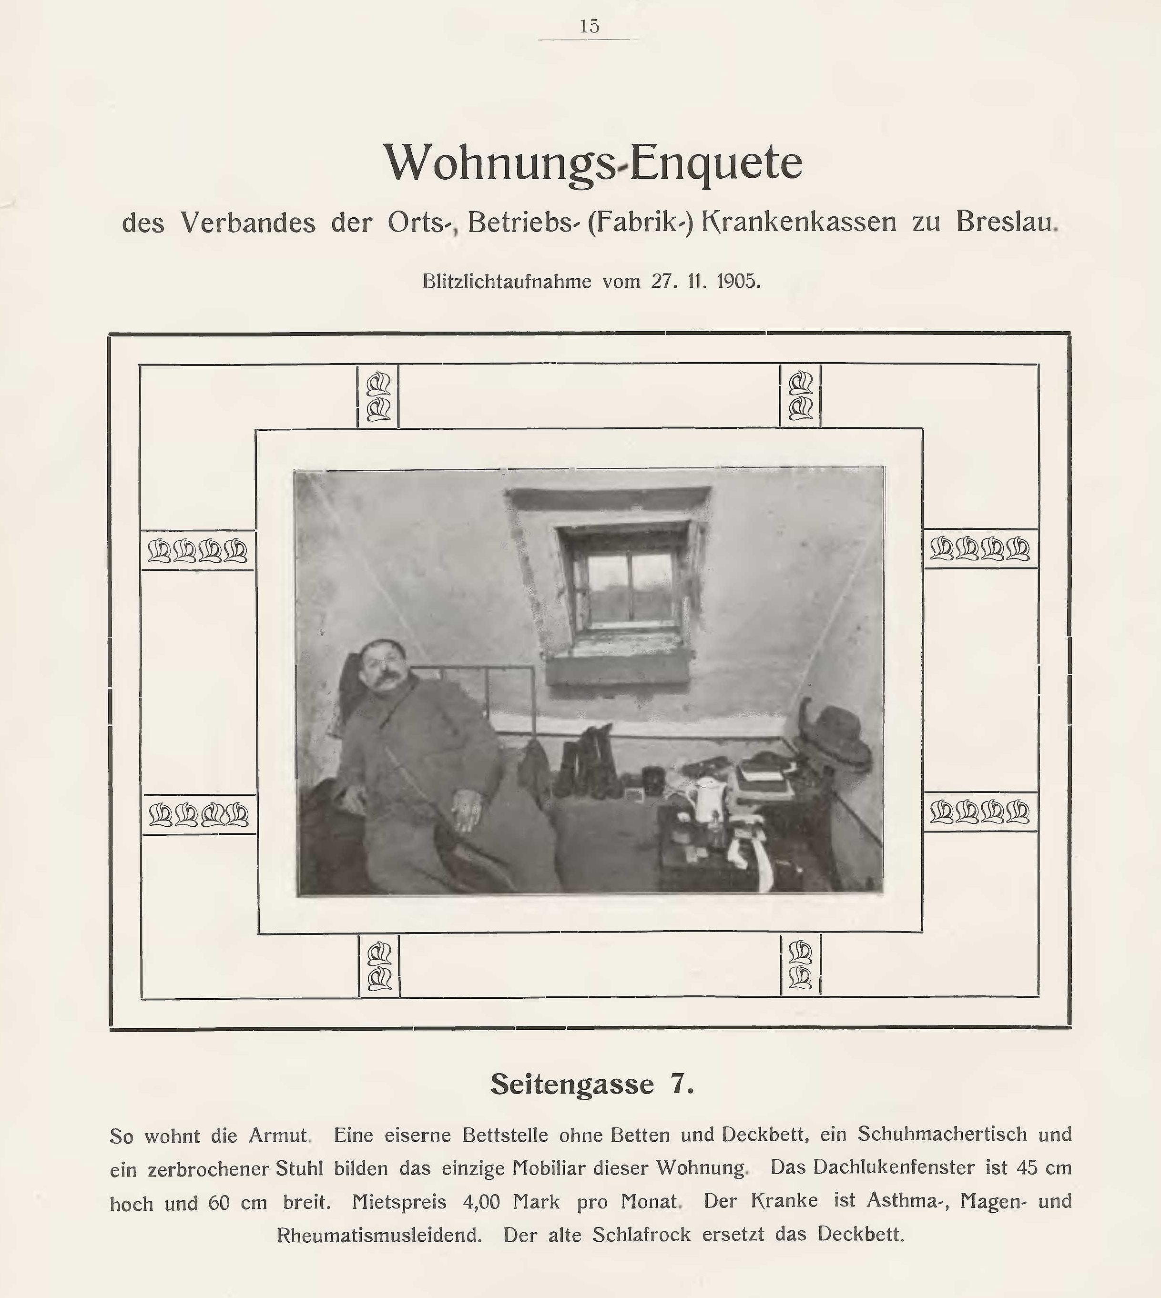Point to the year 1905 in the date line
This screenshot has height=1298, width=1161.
[739, 281]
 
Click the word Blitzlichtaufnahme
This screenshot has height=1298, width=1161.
[507, 281]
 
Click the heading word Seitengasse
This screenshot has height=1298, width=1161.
[571, 1084]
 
